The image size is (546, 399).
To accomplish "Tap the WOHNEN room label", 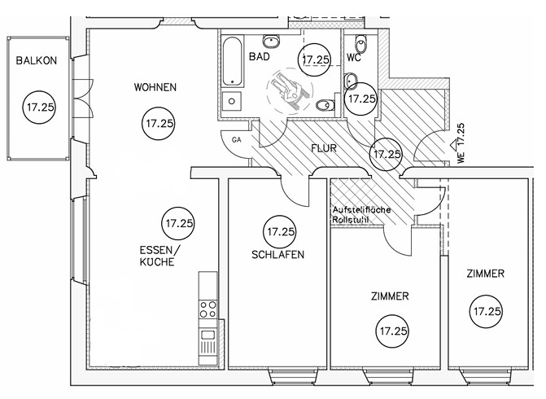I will [155, 87].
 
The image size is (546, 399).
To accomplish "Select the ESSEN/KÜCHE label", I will [156, 257].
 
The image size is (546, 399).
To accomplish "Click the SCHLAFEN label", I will [278, 255].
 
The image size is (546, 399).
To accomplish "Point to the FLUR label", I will [324, 149].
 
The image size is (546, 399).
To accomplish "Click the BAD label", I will [259, 58].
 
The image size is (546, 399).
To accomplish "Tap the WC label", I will [354, 58].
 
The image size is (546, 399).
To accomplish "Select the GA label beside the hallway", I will [237, 140].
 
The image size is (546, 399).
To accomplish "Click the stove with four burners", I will [208, 309].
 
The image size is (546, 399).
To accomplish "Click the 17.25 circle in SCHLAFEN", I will [280, 232].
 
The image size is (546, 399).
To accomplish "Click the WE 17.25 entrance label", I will [461, 144].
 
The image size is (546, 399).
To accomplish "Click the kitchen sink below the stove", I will [208, 334].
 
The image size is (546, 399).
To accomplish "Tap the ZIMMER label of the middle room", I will [388, 296].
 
